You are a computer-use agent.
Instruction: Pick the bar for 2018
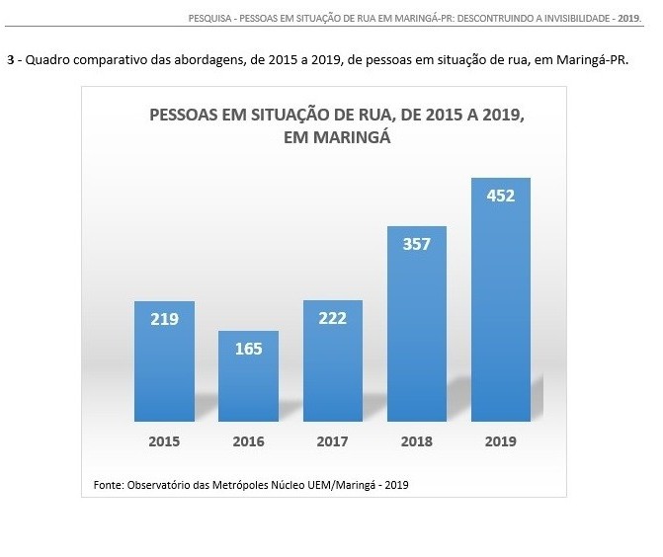pyautogui.click(x=417, y=325)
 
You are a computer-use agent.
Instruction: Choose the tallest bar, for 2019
pyautogui.click(x=501, y=301)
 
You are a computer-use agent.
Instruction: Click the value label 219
pyautogui.click(x=164, y=319)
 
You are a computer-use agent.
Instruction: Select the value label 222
pyautogui.click(x=333, y=317)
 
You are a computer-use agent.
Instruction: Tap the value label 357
pyautogui.click(x=417, y=243)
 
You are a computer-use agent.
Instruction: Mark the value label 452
pyautogui.click(x=501, y=195)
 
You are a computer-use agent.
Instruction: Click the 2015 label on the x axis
pyautogui.click(x=164, y=441)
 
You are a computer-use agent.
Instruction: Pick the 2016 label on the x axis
pyautogui.click(x=248, y=441)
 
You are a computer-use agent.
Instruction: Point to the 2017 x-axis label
pyautogui.click(x=333, y=441)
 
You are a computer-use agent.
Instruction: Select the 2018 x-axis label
pyautogui.click(x=417, y=441)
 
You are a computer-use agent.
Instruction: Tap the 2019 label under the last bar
pyautogui.click(x=501, y=441)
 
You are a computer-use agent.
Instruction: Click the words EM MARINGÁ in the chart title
pyautogui.click(x=337, y=138)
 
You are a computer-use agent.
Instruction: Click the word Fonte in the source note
pyautogui.click(x=108, y=485)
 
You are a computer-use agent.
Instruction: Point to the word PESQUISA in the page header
pyautogui.click(x=210, y=17)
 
